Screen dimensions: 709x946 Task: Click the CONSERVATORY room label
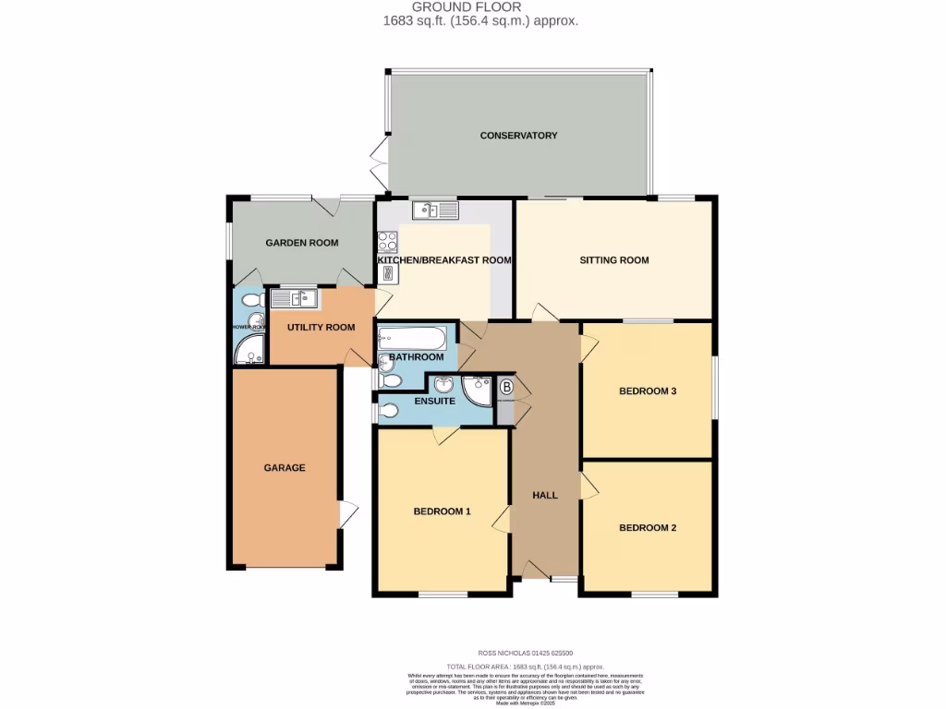click(x=518, y=136)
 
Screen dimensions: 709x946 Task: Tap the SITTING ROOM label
click(x=613, y=260)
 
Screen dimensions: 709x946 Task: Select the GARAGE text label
click(x=285, y=468)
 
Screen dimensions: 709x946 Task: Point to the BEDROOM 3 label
click(x=648, y=391)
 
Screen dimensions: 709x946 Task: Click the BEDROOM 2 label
click(x=648, y=528)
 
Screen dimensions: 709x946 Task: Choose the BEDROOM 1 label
click(x=442, y=511)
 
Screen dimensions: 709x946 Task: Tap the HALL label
click(x=545, y=496)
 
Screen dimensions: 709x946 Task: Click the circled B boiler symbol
click(x=505, y=389)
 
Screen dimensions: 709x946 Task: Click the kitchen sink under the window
click(x=435, y=211)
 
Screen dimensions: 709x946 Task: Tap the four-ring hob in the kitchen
click(x=387, y=241)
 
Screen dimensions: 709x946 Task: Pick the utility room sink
click(x=294, y=298)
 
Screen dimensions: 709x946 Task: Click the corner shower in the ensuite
click(x=479, y=391)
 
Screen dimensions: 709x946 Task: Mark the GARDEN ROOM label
click(x=301, y=244)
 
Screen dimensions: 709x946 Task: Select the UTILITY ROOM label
click(x=321, y=328)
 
